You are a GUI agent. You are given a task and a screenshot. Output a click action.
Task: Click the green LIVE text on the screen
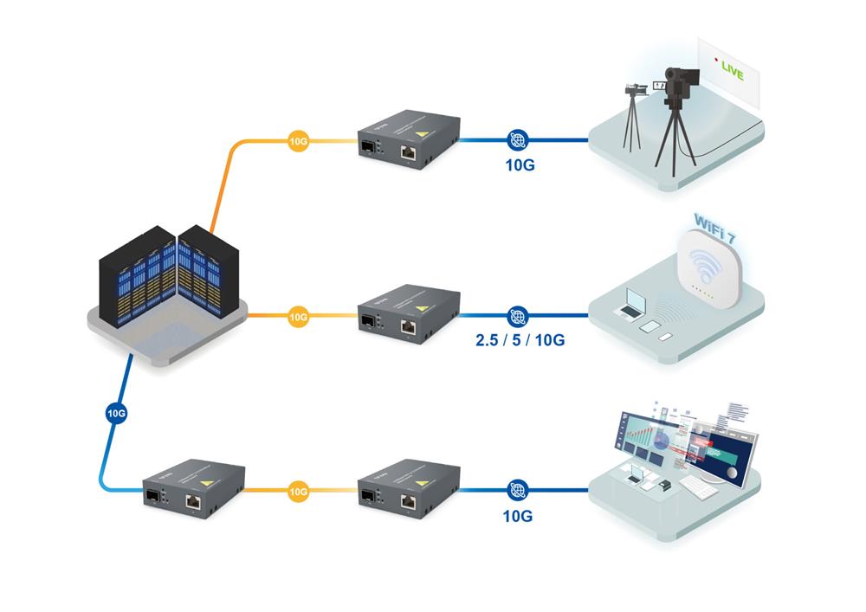tap(732, 73)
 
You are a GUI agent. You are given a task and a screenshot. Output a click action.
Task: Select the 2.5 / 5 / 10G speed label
tap(520, 340)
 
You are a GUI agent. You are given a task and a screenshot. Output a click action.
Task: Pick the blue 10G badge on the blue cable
tap(117, 413)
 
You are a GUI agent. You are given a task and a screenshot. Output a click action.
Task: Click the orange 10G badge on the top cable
tap(298, 139)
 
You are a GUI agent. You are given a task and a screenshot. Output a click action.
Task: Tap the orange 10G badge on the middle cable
tap(298, 317)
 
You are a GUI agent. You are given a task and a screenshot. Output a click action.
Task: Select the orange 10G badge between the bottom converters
tap(298, 491)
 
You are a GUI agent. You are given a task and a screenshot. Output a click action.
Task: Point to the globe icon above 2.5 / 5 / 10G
tap(518, 316)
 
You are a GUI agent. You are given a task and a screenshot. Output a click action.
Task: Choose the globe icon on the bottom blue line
tap(518, 490)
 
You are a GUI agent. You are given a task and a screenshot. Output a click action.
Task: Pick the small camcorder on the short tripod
tap(635, 89)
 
